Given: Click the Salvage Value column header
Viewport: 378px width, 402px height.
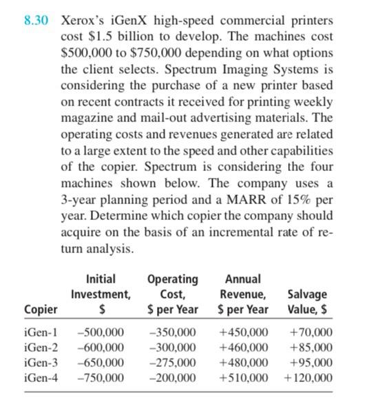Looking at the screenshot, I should tap(306, 302).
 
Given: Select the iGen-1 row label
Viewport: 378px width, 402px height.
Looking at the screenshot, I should tap(41, 332).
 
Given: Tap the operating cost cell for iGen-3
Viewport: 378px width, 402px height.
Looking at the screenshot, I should tap(172, 362).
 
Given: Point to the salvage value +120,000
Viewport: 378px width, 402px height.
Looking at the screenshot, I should tap(306, 377).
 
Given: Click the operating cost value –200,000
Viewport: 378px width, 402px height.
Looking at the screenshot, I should tap(172, 377).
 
